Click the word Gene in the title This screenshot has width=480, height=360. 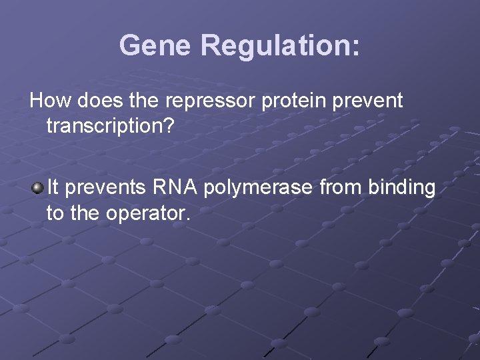tap(155, 45)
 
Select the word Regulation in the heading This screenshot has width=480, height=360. tap(273, 45)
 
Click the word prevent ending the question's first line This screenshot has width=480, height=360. tap(370, 102)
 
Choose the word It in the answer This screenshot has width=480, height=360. tap(53, 188)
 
